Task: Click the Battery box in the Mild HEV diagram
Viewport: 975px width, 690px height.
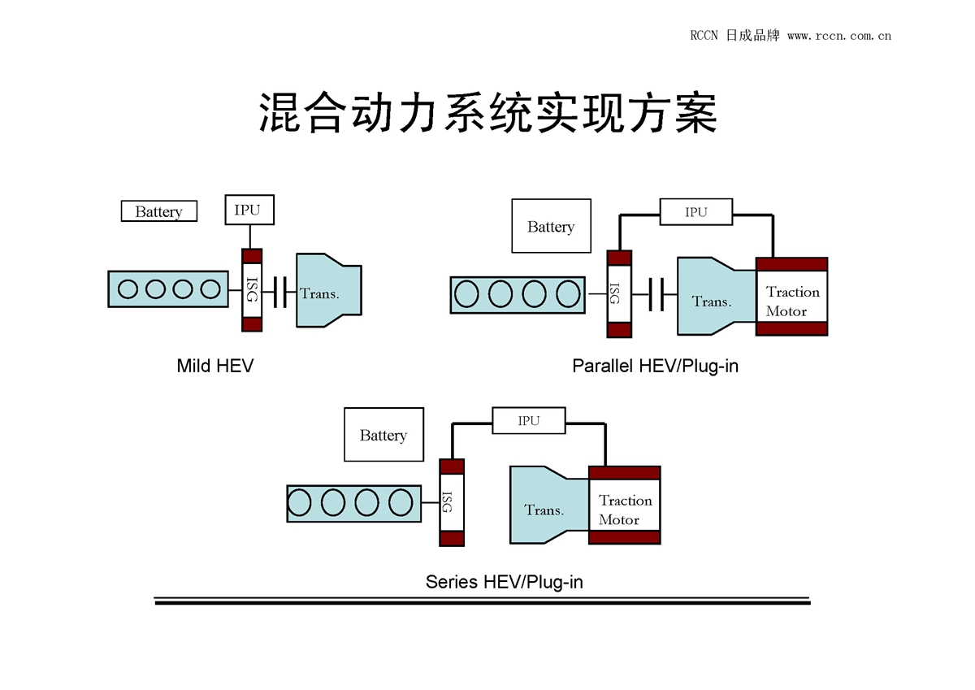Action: coord(158,211)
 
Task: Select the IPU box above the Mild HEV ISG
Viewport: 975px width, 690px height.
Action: coord(249,210)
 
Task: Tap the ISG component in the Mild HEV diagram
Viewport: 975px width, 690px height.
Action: coord(252,290)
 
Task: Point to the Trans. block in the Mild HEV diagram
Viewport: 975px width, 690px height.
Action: coord(325,291)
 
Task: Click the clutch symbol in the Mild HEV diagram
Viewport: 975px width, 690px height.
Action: coord(281,291)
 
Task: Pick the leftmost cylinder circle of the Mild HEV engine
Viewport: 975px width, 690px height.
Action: coord(128,289)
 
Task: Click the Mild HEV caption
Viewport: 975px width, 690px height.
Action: coord(214,366)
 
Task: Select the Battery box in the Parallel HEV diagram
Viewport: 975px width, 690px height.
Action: coord(551,226)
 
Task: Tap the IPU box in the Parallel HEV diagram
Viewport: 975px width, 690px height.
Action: coord(695,212)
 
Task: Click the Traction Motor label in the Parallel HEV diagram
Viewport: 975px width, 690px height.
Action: coord(792,301)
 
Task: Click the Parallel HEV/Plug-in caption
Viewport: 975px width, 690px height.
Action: coord(655,366)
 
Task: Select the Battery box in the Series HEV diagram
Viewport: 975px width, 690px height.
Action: coord(383,435)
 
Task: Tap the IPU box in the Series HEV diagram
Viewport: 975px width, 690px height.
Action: coord(528,420)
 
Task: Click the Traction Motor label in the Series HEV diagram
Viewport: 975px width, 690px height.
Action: coord(625,510)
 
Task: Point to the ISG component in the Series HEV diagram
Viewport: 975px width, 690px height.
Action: coord(451,502)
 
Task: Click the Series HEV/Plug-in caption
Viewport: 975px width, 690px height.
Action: coord(504,582)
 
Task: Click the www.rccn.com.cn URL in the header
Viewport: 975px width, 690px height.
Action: coord(839,36)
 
